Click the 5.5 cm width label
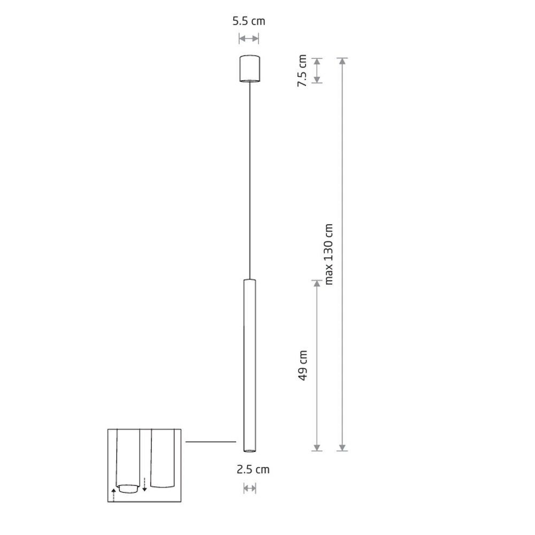click(x=249, y=21)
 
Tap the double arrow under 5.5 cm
click(x=249, y=39)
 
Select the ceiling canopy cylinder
click(x=249, y=68)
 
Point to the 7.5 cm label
click(x=302, y=71)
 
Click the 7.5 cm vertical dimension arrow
click(x=317, y=71)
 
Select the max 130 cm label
click(x=328, y=254)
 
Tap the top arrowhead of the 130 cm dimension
click(x=342, y=61)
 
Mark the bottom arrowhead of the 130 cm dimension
click(x=342, y=448)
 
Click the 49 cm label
click(x=303, y=365)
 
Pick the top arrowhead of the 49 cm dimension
click(x=317, y=284)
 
